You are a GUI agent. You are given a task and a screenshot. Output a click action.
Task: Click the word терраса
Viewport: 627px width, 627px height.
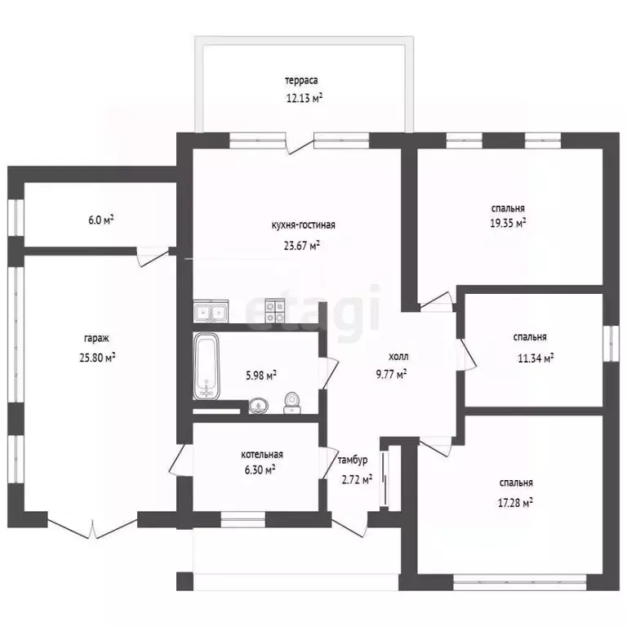pyautogui.click(x=301, y=80)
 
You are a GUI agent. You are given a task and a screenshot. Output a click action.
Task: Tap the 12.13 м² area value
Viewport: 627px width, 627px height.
pyautogui.click(x=305, y=98)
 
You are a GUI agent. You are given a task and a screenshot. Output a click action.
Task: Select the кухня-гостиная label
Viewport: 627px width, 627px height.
pyautogui.click(x=303, y=225)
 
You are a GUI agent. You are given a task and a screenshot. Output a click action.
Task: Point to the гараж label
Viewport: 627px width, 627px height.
pyautogui.click(x=96, y=339)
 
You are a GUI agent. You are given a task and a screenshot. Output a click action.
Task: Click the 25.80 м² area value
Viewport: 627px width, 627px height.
pyautogui.click(x=98, y=357)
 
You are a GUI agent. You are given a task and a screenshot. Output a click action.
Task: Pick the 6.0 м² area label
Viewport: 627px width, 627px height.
pyautogui.click(x=101, y=220)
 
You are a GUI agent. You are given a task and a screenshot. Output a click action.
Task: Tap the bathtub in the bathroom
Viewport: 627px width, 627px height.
pyautogui.click(x=207, y=367)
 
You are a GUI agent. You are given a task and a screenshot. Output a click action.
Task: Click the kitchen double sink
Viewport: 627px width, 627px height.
pyautogui.click(x=211, y=311)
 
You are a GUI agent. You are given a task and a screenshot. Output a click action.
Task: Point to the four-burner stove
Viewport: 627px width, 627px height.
pyautogui.click(x=274, y=311)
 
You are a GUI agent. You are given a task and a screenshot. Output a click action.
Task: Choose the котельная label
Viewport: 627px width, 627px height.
pyautogui.click(x=262, y=455)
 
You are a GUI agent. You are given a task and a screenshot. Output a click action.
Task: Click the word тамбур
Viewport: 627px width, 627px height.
pyautogui.click(x=353, y=460)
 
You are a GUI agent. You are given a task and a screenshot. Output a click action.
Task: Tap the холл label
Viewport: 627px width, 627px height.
pyautogui.click(x=398, y=357)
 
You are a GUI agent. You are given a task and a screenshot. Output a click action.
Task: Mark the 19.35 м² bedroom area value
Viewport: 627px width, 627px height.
pyautogui.click(x=509, y=223)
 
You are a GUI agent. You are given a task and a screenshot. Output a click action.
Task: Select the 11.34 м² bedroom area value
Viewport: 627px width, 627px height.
pyautogui.click(x=536, y=358)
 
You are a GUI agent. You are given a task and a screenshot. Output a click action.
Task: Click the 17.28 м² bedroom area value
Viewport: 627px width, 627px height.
pyautogui.click(x=515, y=503)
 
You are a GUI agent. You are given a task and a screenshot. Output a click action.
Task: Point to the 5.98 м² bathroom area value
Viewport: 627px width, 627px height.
pyautogui.click(x=261, y=376)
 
